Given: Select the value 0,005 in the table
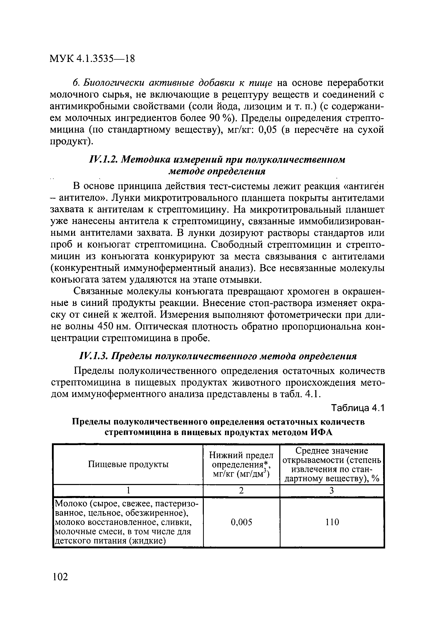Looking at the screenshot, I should tap(241, 522).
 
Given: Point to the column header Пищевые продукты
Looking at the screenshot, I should tap(128, 464).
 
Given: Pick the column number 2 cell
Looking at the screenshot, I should tap(241, 491).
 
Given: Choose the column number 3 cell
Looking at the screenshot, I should tap(332, 491).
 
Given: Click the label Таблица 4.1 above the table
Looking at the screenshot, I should tap(358, 408).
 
